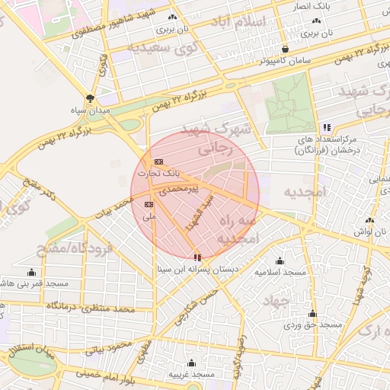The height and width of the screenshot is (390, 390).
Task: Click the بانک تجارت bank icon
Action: (158, 162)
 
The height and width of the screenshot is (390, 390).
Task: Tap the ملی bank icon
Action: (149, 205)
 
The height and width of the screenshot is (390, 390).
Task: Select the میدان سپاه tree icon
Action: (91, 98)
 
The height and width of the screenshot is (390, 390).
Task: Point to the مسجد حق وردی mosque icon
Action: (312, 313)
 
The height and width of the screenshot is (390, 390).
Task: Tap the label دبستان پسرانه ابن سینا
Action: (197, 269)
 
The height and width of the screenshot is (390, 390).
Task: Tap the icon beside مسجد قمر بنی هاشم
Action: (31, 272)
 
